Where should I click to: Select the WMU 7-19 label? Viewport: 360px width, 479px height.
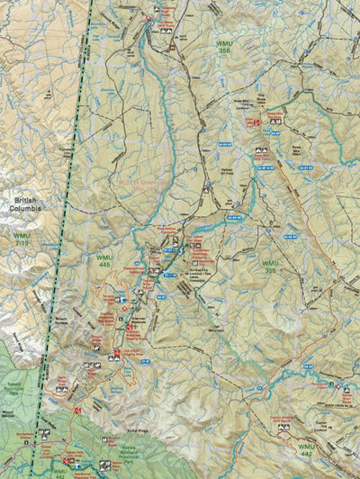22,239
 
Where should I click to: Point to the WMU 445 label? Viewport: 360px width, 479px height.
105,260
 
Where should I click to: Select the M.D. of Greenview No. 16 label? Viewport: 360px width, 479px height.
135,181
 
